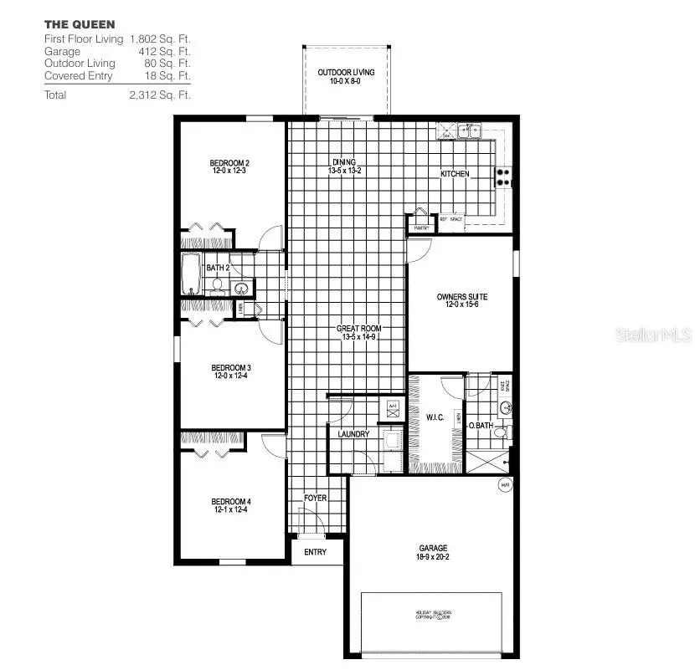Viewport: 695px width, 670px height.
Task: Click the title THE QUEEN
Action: (80, 24)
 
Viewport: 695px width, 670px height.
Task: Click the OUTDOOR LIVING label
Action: (346, 73)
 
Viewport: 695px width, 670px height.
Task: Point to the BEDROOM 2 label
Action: (229, 162)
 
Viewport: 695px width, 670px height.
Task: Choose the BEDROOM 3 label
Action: (231, 367)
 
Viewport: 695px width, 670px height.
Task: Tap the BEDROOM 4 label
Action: (231, 501)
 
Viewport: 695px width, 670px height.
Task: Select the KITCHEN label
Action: (455, 174)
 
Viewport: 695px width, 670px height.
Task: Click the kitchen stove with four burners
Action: (505, 176)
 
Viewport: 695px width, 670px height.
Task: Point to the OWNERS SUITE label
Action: (461, 297)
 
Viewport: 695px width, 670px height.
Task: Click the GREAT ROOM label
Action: (359, 329)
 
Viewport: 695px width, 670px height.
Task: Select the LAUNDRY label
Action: (353, 434)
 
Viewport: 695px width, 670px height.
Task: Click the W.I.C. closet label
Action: (435, 417)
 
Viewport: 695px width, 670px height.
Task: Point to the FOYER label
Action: (315, 498)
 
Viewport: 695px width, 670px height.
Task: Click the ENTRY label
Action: (315, 552)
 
